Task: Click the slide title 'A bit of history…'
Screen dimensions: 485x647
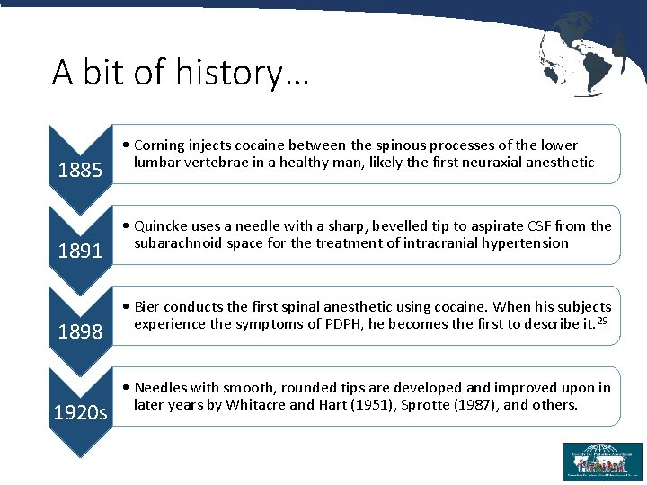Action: (180, 72)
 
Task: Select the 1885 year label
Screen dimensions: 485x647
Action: (80, 170)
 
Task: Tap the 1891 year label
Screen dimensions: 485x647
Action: (80, 251)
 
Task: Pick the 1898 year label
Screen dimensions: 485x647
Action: (80, 331)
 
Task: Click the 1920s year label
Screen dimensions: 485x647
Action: (80, 413)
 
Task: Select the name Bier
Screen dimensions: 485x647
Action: (148, 307)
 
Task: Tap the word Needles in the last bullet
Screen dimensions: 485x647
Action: (162, 388)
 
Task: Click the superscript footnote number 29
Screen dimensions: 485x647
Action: (604, 321)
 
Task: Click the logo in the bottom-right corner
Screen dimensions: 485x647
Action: (602, 462)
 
